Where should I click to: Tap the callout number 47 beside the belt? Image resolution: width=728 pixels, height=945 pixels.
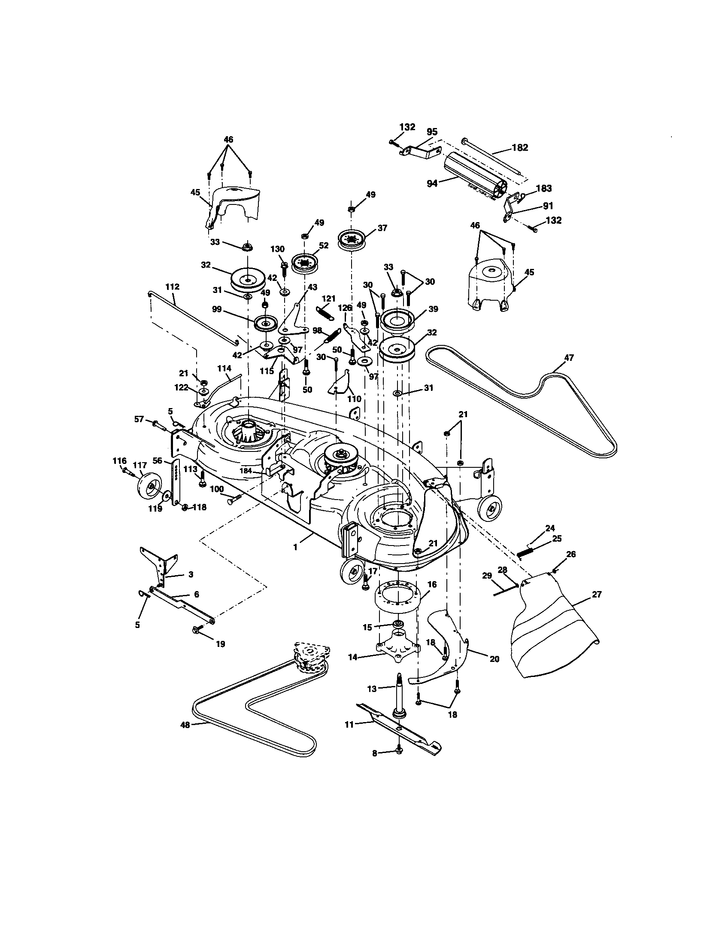point(569,357)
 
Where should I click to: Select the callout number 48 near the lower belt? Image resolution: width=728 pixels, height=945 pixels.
point(185,725)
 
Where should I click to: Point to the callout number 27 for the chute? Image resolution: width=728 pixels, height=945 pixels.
point(597,594)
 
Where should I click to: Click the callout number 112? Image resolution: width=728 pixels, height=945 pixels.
point(172,287)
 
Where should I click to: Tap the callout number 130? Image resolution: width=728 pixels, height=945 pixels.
point(278,249)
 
